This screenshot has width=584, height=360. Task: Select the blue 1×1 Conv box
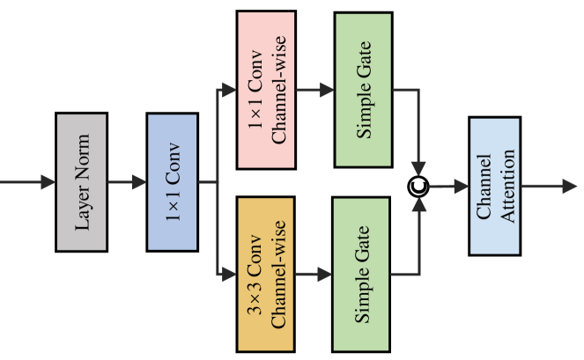173,182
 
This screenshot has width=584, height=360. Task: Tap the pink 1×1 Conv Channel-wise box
266,90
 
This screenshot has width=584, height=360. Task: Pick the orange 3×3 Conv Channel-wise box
266,274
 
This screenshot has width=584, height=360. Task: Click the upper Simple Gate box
363,90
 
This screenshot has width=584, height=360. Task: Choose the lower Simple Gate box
363,274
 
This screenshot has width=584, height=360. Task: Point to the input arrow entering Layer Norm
26,182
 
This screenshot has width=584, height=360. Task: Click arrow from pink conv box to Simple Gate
314,90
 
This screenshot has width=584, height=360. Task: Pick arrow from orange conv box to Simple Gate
314,274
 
